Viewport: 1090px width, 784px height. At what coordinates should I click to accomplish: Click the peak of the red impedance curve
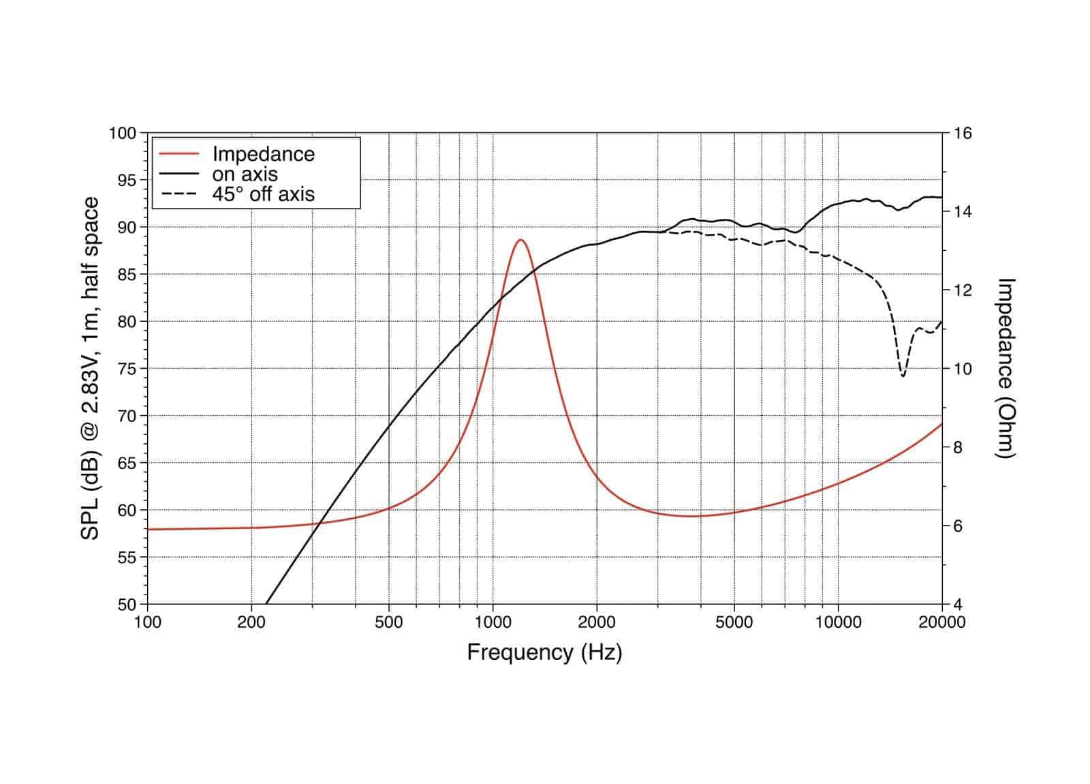(521, 240)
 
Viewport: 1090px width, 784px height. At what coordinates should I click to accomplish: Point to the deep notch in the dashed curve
(903, 374)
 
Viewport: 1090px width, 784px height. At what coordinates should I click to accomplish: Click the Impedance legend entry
(263, 154)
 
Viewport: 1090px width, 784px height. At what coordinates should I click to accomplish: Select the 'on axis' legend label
(245, 174)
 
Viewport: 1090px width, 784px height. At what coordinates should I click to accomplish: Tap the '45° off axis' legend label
(263, 194)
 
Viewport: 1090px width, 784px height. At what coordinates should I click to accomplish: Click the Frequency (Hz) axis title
(544, 652)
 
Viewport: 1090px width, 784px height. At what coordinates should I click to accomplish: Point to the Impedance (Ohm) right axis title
(1006, 368)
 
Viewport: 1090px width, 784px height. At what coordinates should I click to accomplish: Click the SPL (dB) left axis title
(90, 368)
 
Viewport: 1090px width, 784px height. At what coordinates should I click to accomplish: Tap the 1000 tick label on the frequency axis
(493, 622)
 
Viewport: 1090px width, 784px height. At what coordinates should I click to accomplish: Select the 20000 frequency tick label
(941, 622)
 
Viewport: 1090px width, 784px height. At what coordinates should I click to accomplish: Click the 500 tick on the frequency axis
(388, 622)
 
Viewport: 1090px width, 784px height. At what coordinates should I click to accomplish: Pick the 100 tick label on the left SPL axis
(123, 133)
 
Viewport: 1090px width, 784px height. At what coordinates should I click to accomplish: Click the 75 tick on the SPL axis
(127, 369)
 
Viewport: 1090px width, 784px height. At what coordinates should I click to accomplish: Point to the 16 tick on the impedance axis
(962, 133)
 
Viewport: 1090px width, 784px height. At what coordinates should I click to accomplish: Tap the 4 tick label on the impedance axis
(957, 605)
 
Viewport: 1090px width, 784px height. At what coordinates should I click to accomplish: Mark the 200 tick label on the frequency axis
(251, 622)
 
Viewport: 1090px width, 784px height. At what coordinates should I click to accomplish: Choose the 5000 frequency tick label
(734, 622)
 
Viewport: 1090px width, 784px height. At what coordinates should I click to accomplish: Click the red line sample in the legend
(178, 154)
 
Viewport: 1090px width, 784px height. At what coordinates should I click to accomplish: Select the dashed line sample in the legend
(178, 194)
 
